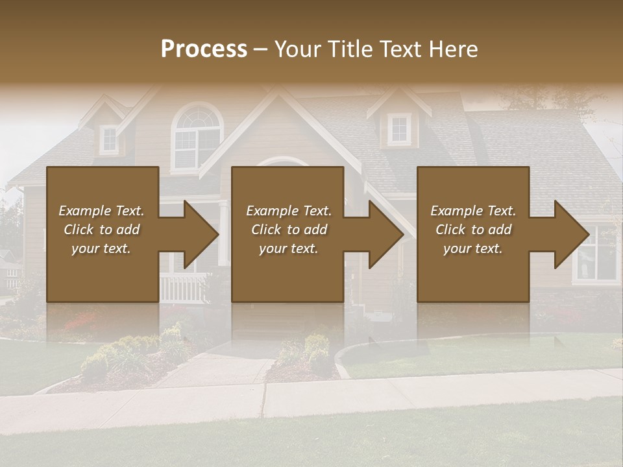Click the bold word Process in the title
tap(204, 49)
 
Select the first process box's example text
tap(101, 230)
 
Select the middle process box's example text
tap(288, 230)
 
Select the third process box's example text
tap(472, 230)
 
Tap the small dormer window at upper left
tap(109, 138)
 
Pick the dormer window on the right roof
tap(399, 128)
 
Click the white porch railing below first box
tap(182, 287)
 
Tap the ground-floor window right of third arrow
tap(598, 254)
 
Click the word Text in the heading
tap(398, 49)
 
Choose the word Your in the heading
tap(299, 49)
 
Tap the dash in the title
tap(260, 49)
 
